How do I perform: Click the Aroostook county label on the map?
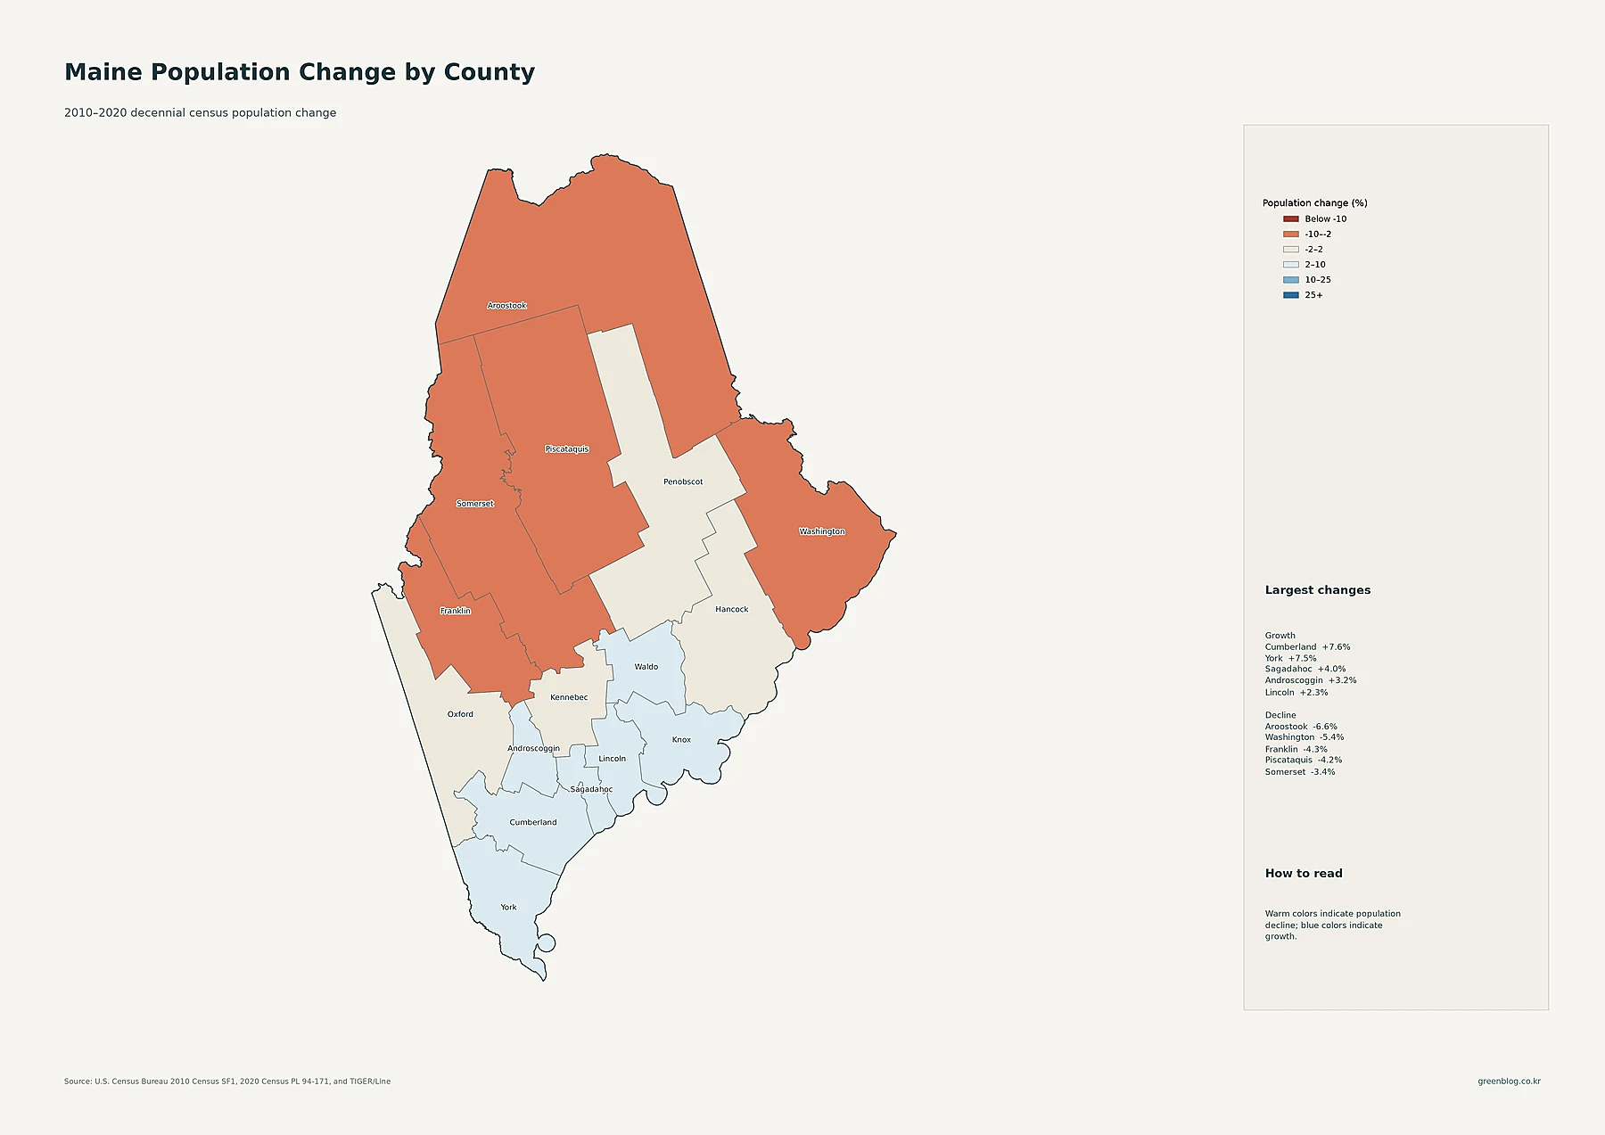click(x=506, y=306)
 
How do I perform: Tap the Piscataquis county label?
click(x=567, y=449)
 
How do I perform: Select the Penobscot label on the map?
click(x=683, y=482)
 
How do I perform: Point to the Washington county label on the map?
click(x=822, y=531)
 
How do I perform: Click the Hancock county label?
click(x=732, y=610)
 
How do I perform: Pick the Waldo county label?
click(x=646, y=667)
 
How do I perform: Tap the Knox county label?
click(x=681, y=740)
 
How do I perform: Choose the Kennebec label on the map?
click(x=569, y=697)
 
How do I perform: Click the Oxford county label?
click(x=460, y=714)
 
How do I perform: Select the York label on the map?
click(x=508, y=908)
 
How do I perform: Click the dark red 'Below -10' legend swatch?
click(x=1290, y=219)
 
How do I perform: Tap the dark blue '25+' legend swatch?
click(x=1290, y=295)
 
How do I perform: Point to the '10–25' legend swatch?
click(x=1290, y=280)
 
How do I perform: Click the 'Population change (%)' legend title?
click(x=1314, y=203)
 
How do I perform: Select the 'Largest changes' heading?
click(x=1318, y=590)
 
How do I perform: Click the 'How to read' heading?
click(x=1304, y=874)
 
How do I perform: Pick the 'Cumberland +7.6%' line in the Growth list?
click(x=1307, y=647)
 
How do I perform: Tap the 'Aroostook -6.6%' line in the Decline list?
click(x=1301, y=727)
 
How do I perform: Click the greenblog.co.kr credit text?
click(x=1509, y=1082)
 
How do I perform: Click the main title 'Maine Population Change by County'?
click(x=300, y=72)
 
